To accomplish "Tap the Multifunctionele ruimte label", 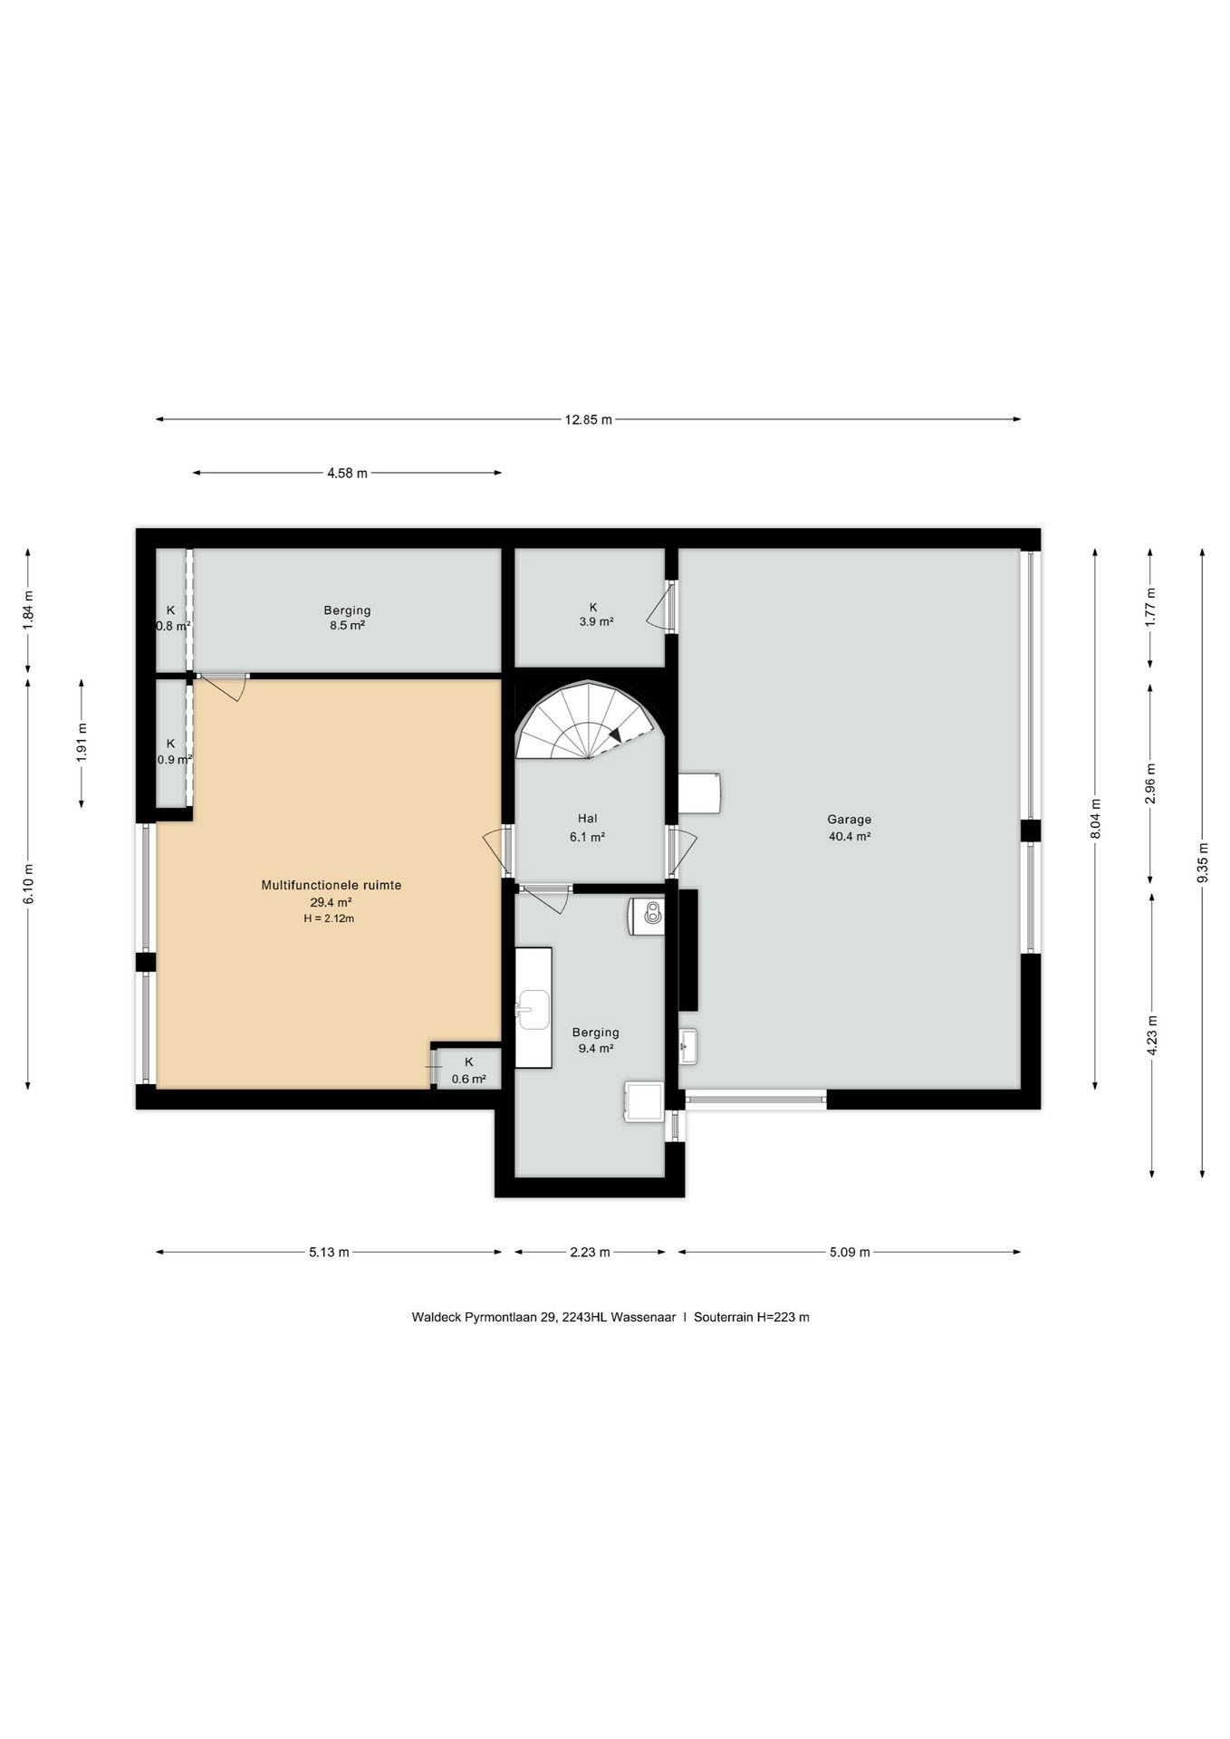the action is pos(331,885).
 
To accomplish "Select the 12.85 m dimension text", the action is pos(588,419).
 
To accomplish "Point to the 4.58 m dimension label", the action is pos(348,473).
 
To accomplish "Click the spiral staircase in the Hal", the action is pos(586,720).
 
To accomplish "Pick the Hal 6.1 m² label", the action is pos(587,828).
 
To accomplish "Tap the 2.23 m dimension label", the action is pos(590,1253).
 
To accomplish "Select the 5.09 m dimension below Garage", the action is pos(850,1253).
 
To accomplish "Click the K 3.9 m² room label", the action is pos(596,614).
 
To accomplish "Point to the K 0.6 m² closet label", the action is pos(469,1071).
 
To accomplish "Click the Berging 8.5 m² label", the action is pos(347,618).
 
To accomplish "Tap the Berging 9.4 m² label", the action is pos(596,1040).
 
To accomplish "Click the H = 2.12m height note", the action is pos(329,918).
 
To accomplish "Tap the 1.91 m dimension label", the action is pos(82,743).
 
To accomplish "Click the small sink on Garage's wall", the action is pos(688,1047).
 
